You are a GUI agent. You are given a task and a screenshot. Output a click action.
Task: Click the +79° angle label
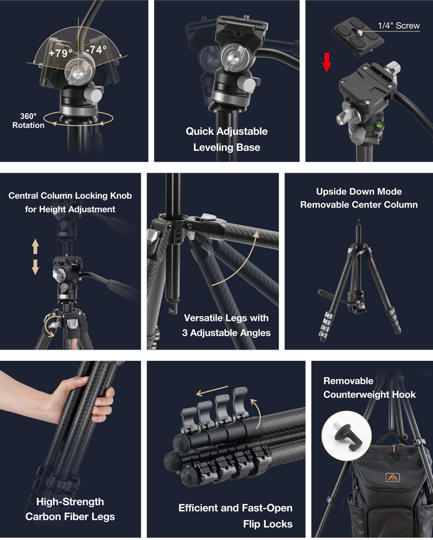pos(61,53)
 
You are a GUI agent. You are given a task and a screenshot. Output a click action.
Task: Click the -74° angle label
pos(96,50)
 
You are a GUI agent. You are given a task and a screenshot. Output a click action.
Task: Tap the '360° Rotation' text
pos(28,121)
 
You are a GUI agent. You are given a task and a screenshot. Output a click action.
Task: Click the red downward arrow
pos(327,62)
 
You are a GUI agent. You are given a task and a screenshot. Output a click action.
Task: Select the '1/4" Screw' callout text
pos(398,25)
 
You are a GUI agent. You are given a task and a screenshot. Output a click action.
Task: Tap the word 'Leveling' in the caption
pos(211,147)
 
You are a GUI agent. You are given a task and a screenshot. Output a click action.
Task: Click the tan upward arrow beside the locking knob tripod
pos(35,247)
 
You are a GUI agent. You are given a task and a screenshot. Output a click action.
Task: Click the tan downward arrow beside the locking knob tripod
pos(35,267)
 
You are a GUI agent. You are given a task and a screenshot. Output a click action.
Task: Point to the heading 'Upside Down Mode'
pos(359,192)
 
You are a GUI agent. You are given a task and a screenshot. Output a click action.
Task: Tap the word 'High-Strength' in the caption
pos(70,502)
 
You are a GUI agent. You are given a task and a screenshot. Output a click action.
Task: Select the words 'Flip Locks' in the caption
pos(268,524)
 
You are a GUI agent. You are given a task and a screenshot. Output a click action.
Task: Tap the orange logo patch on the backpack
pos(392,477)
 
